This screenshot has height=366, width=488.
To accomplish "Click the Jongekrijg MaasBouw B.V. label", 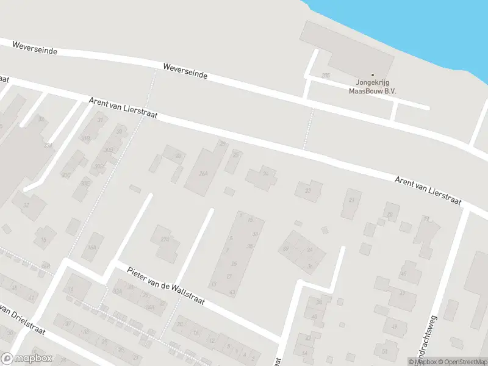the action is (x=372, y=87).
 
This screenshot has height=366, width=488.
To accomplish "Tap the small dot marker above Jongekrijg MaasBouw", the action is (x=372, y=75).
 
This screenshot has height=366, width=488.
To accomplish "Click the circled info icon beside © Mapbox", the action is (x=411, y=362).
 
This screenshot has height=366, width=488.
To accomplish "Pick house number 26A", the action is (x=203, y=173).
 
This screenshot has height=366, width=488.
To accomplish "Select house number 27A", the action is (x=165, y=240).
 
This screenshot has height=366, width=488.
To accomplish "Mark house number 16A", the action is (x=92, y=247).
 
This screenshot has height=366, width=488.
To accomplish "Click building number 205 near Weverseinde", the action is (x=326, y=75).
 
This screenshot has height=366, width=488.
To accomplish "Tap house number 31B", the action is (x=85, y=138).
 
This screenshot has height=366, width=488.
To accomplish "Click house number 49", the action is (x=394, y=326).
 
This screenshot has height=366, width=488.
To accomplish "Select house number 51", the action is (x=384, y=351).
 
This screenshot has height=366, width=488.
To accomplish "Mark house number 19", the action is (x=426, y=218).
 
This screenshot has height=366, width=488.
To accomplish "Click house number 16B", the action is (x=45, y=267).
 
